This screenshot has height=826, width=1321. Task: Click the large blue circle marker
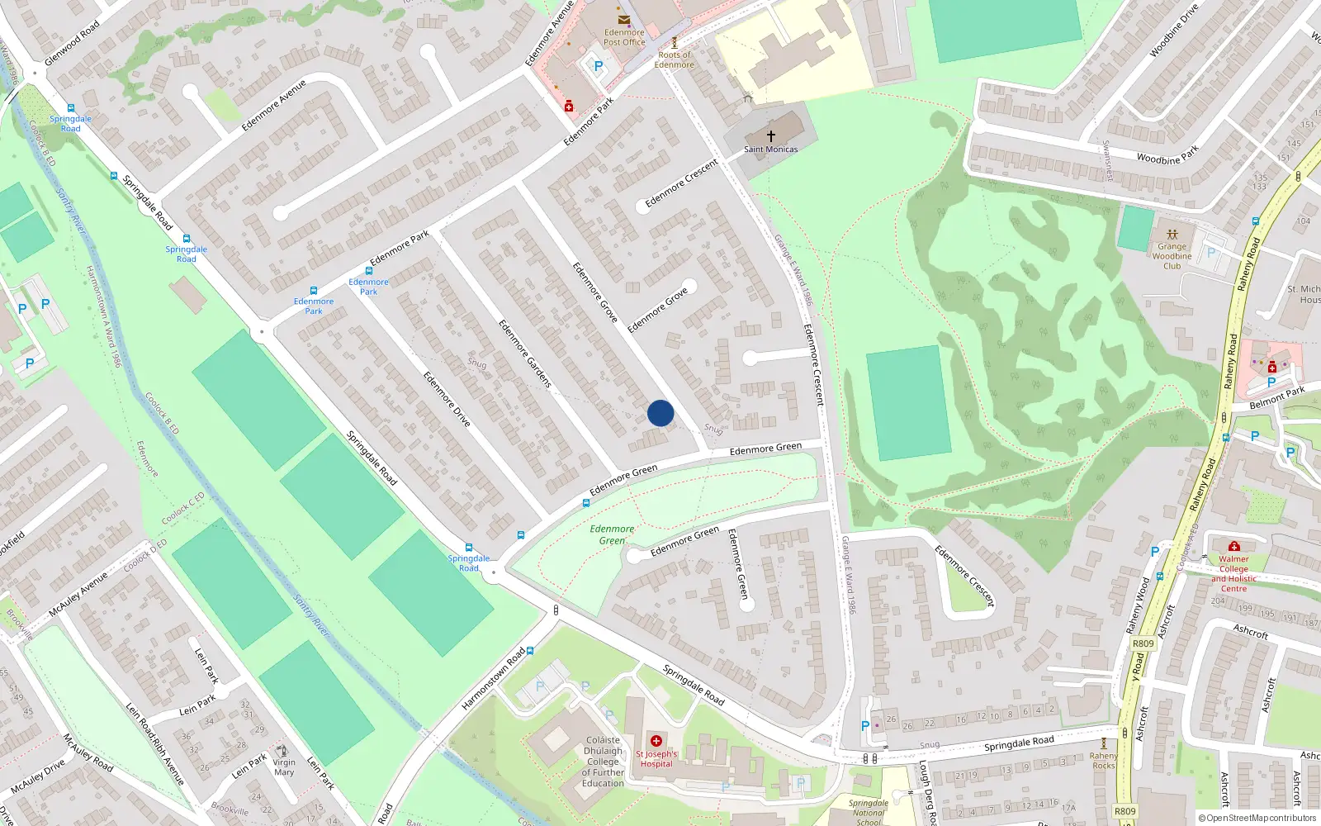[x=660, y=413]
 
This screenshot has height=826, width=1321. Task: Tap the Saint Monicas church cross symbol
[x=771, y=135]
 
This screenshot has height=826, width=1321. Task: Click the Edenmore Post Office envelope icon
[x=624, y=19]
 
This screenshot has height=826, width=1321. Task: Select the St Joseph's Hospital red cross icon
[x=656, y=741]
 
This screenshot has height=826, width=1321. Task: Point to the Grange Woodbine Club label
[x=1172, y=256]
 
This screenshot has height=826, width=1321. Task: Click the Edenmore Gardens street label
[x=524, y=354]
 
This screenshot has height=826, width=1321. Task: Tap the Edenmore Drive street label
[x=447, y=399]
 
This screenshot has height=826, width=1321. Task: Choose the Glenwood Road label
[x=73, y=43]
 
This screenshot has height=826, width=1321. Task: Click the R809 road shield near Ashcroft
[x=1143, y=643]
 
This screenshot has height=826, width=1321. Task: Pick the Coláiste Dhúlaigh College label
[x=603, y=762]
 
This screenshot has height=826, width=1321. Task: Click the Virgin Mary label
[x=284, y=767]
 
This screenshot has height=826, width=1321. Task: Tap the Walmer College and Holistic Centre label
[x=1233, y=573]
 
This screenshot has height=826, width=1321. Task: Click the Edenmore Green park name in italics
[x=612, y=534]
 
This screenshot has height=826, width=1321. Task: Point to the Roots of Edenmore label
[x=675, y=59]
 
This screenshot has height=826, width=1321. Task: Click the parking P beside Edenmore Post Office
[x=599, y=66]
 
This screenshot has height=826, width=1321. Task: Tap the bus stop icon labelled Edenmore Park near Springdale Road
[x=314, y=291]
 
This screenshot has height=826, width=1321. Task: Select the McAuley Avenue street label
[x=78, y=595]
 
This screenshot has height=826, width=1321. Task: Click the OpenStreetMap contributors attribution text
[x=1257, y=819]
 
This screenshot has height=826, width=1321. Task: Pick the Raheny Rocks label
[x=1103, y=760]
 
